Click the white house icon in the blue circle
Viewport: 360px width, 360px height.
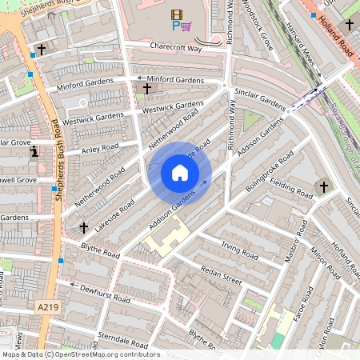[x=180, y=173]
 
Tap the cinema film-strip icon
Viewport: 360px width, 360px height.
[x=176, y=14]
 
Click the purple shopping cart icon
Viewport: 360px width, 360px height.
[x=186, y=26]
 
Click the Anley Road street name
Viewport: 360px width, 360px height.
[x=99, y=147]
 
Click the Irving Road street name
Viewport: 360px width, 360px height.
[x=239, y=254]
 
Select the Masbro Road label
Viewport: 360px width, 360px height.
[x=294, y=241]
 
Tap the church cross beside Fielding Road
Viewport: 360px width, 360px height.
[x=324, y=187]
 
